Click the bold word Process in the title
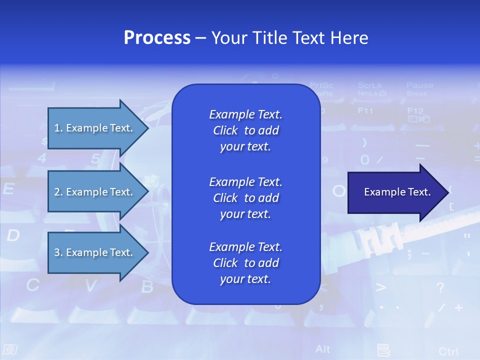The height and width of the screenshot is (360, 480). pos(157,38)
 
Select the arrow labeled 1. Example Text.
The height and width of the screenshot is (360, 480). pos(95,128)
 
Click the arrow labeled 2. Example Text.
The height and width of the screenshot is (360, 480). pos(95,192)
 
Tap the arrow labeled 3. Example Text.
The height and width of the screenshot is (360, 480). pos(95,252)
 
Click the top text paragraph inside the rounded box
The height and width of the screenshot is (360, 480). pos(245,130)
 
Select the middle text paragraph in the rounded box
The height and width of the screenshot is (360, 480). pos(245,198)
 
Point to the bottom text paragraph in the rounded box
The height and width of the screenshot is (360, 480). pos(245,263)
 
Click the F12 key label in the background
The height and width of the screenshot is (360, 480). pos(415,111)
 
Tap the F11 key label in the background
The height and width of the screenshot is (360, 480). pos(365,110)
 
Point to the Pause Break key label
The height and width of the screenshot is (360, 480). pos(419,89)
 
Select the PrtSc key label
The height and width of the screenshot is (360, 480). pos(321,85)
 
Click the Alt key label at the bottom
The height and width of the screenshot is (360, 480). pos(322,348)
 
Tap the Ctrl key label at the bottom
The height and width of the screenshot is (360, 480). pos(448,351)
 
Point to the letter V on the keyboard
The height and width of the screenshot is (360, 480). pos(90,286)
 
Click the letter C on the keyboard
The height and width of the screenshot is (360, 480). pos(32,285)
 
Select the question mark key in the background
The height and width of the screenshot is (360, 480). pos(440,287)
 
